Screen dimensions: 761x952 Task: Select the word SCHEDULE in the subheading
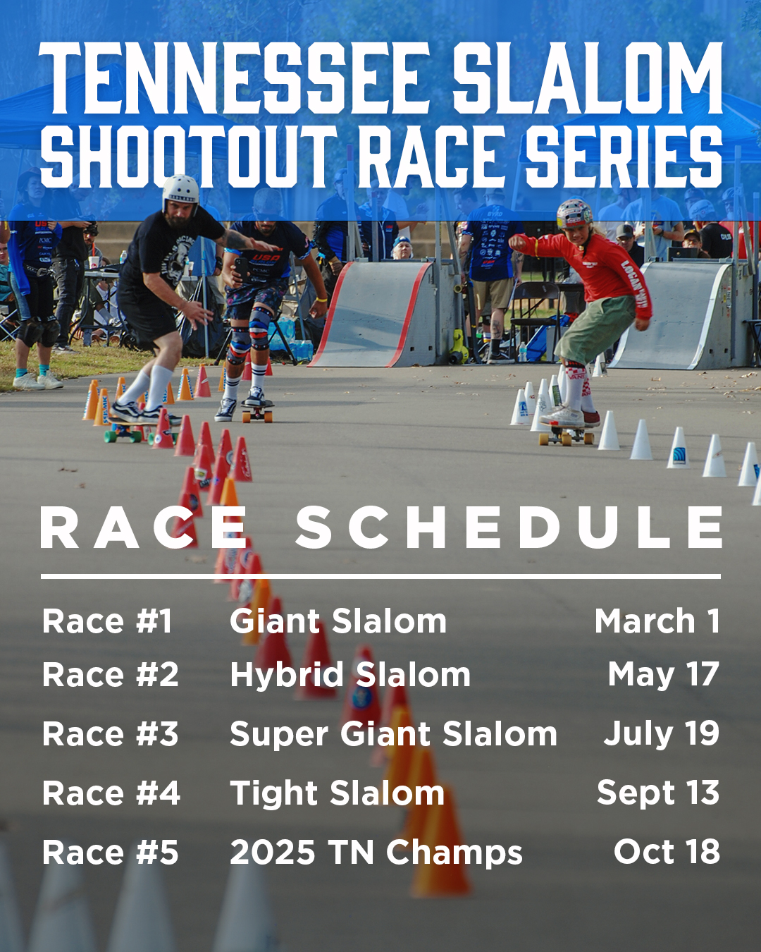coord(509,527)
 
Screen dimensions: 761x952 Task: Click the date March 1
coord(657,621)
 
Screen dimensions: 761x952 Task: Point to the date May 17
coord(663,675)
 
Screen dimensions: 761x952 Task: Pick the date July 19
coord(662,733)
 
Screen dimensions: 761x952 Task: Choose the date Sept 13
coord(658,793)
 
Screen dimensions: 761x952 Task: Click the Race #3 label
coord(111,733)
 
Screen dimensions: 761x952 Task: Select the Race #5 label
coord(111,852)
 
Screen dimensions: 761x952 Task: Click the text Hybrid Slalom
coord(349,676)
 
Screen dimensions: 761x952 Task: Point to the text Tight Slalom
coord(337,793)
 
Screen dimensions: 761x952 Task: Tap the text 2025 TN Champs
coord(376,852)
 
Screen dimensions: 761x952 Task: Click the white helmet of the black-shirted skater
coord(180,193)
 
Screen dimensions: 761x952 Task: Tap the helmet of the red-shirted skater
coord(574,214)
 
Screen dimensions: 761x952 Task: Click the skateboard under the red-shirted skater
coord(567,435)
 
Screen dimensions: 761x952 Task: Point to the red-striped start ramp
coord(381,314)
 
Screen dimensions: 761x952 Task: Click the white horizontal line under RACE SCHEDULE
coord(380,576)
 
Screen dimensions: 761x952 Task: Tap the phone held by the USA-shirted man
coord(242,267)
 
